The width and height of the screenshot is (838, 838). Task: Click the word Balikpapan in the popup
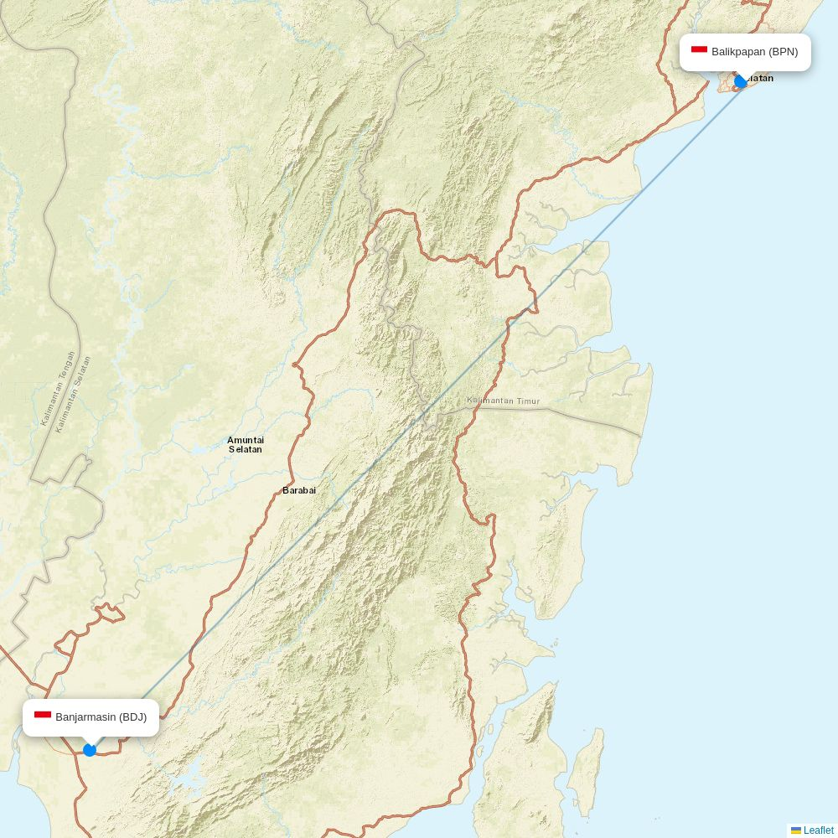coord(738,52)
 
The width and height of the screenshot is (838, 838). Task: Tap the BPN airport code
coord(784,52)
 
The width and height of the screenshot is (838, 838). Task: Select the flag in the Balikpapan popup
coord(699,51)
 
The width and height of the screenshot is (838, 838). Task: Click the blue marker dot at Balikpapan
coord(741,81)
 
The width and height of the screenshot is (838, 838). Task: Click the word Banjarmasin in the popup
coord(85,717)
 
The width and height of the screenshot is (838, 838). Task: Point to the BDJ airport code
coord(132,717)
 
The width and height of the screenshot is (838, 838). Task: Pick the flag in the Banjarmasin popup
coord(43,716)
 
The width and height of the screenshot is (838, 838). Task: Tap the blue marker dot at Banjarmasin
coord(90,750)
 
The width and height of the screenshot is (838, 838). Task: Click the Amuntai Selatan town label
coord(246,444)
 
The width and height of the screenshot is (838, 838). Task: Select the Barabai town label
coord(299,490)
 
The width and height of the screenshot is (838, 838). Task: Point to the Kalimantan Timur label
coord(504,401)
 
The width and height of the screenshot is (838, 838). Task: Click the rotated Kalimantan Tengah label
coord(58,388)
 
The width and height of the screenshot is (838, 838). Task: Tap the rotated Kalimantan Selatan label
coord(73,394)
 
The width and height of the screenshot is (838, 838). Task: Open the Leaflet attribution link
coord(818,830)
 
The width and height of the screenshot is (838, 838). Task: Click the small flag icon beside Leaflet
coord(796,830)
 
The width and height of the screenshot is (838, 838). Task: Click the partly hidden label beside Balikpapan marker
coord(761,79)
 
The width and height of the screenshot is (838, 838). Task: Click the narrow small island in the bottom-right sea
coord(587,771)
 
